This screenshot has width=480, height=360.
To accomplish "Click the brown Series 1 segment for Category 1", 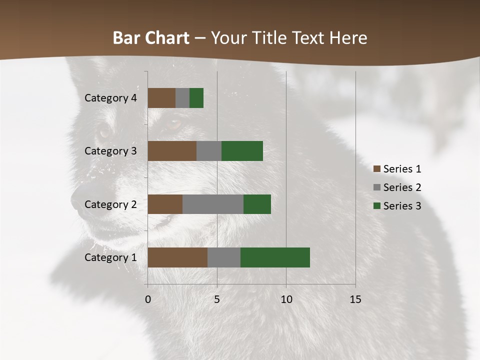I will point(177,257).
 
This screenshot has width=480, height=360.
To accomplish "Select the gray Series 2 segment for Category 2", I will point(213,204).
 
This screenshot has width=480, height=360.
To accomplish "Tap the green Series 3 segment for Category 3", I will point(242,151).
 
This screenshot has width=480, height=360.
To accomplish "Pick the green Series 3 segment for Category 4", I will point(196,98).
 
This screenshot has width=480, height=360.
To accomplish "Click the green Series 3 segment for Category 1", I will point(275,257).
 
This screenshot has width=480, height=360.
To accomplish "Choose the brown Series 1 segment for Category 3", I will point(172,151).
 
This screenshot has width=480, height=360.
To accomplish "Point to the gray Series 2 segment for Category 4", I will point(182,98).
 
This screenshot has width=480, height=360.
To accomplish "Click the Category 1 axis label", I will point(110,257).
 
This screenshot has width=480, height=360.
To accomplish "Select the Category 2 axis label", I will point(110,204).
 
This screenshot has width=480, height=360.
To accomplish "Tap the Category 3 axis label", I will point(110,151).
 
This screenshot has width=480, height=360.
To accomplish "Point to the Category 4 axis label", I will point(110,98).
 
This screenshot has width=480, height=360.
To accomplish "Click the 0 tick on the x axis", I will point(148,299).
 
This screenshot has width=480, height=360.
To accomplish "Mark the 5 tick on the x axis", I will point(217,299).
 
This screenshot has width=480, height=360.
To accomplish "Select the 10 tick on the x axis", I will point(286,299).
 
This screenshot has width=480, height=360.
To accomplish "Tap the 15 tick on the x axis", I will point(355,299).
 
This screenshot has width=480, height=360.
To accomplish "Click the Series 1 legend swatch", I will point(376,169).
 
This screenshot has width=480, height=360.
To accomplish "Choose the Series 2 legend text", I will point(402,187).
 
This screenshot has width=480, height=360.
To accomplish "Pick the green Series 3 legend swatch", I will point(376,206).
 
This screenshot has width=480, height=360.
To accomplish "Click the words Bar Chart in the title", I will point(151,38).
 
